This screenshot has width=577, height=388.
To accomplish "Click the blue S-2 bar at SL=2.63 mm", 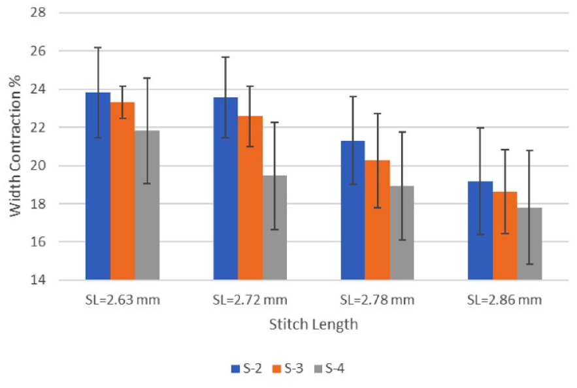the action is [98, 186].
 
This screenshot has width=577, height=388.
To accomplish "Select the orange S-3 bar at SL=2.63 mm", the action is [123, 191].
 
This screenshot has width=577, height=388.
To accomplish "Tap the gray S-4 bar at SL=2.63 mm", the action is [147, 205].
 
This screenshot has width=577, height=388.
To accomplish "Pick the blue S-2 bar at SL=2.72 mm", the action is [225, 189].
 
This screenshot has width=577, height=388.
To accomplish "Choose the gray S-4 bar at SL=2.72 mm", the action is [275, 228].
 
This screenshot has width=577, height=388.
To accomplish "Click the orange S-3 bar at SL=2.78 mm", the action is [377, 220].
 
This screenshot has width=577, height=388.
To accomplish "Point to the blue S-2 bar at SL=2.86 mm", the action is [480, 231].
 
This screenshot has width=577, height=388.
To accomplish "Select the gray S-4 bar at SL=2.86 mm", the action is [529, 244].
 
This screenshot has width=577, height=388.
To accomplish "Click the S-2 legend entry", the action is [246, 368].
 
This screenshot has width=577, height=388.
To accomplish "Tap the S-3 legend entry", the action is [288, 368].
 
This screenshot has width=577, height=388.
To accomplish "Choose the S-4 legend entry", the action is [329, 368].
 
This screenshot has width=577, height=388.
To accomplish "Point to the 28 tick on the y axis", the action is [39, 12].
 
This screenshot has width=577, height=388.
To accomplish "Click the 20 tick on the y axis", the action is [39, 165].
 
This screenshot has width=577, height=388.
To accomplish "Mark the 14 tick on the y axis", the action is [39, 280].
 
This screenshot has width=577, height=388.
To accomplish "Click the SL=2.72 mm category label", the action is [250, 300].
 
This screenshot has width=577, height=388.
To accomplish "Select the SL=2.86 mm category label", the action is [504, 300].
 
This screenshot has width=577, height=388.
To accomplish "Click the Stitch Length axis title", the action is [314, 325].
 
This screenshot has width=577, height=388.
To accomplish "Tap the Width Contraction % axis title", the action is [15, 146].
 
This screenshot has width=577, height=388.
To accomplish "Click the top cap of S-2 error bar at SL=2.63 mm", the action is [98, 48].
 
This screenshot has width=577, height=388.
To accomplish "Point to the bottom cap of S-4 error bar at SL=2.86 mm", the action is [529, 264].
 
